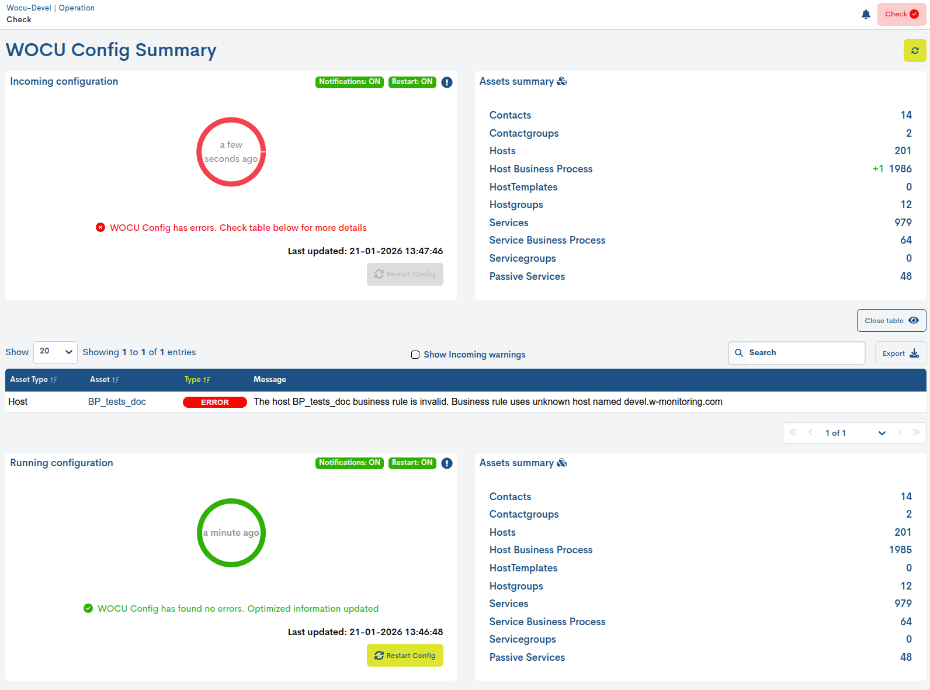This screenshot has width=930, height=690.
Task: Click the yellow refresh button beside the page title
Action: click(x=915, y=51)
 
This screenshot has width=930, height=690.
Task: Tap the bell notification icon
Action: click(x=866, y=14)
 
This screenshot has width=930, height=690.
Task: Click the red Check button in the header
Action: click(x=901, y=14)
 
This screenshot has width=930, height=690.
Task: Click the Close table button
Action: click(x=891, y=321)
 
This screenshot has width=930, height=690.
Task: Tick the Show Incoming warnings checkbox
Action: click(x=415, y=355)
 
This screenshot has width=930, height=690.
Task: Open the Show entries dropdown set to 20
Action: click(x=55, y=352)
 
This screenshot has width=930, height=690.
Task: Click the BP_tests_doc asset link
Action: click(x=117, y=402)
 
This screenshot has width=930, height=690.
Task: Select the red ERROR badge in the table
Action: click(x=215, y=402)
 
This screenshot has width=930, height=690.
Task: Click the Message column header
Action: click(x=270, y=380)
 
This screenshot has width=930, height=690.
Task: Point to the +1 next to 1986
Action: click(x=878, y=169)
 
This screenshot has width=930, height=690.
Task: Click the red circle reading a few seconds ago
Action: click(x=231, y=152)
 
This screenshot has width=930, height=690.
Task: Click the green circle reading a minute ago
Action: click(x=231, y=533)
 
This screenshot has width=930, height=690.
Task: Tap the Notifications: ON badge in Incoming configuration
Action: click(x=349, y=82)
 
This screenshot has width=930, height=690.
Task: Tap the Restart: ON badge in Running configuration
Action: click(x=412, y=463)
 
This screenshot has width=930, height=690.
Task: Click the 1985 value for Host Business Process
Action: click(x=900, y=550)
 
